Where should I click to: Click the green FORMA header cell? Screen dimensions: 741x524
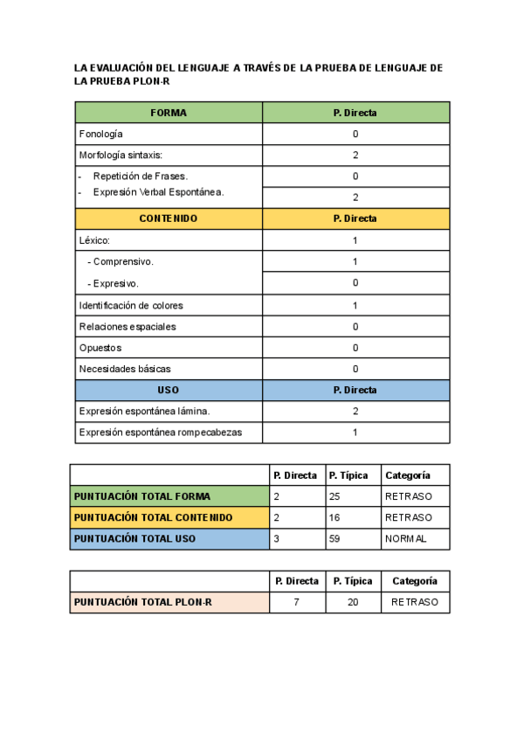(169, 113)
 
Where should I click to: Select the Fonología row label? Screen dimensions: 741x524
(101, 135)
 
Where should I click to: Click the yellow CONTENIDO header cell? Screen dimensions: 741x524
(169, 218)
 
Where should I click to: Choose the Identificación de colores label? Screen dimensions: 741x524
(131, 306)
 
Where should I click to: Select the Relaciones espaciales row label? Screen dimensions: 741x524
(128, 327)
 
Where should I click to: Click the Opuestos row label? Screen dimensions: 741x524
(100, 348)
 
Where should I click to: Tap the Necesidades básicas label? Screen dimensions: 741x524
(125, 369)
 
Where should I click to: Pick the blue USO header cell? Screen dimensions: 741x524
(169, 390)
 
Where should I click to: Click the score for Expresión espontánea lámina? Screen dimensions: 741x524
(355, 411)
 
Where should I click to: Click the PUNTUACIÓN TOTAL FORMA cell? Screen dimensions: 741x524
(142, 496)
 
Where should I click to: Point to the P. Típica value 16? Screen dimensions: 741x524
(335, 517)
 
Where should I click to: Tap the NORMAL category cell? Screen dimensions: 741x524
(405, 539)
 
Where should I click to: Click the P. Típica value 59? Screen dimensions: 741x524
(335, 539)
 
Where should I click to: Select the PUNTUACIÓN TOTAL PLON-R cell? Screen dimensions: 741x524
(143, 602)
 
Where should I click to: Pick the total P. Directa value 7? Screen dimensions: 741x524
(297, 602)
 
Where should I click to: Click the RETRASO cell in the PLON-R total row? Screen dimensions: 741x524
(415, 602)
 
